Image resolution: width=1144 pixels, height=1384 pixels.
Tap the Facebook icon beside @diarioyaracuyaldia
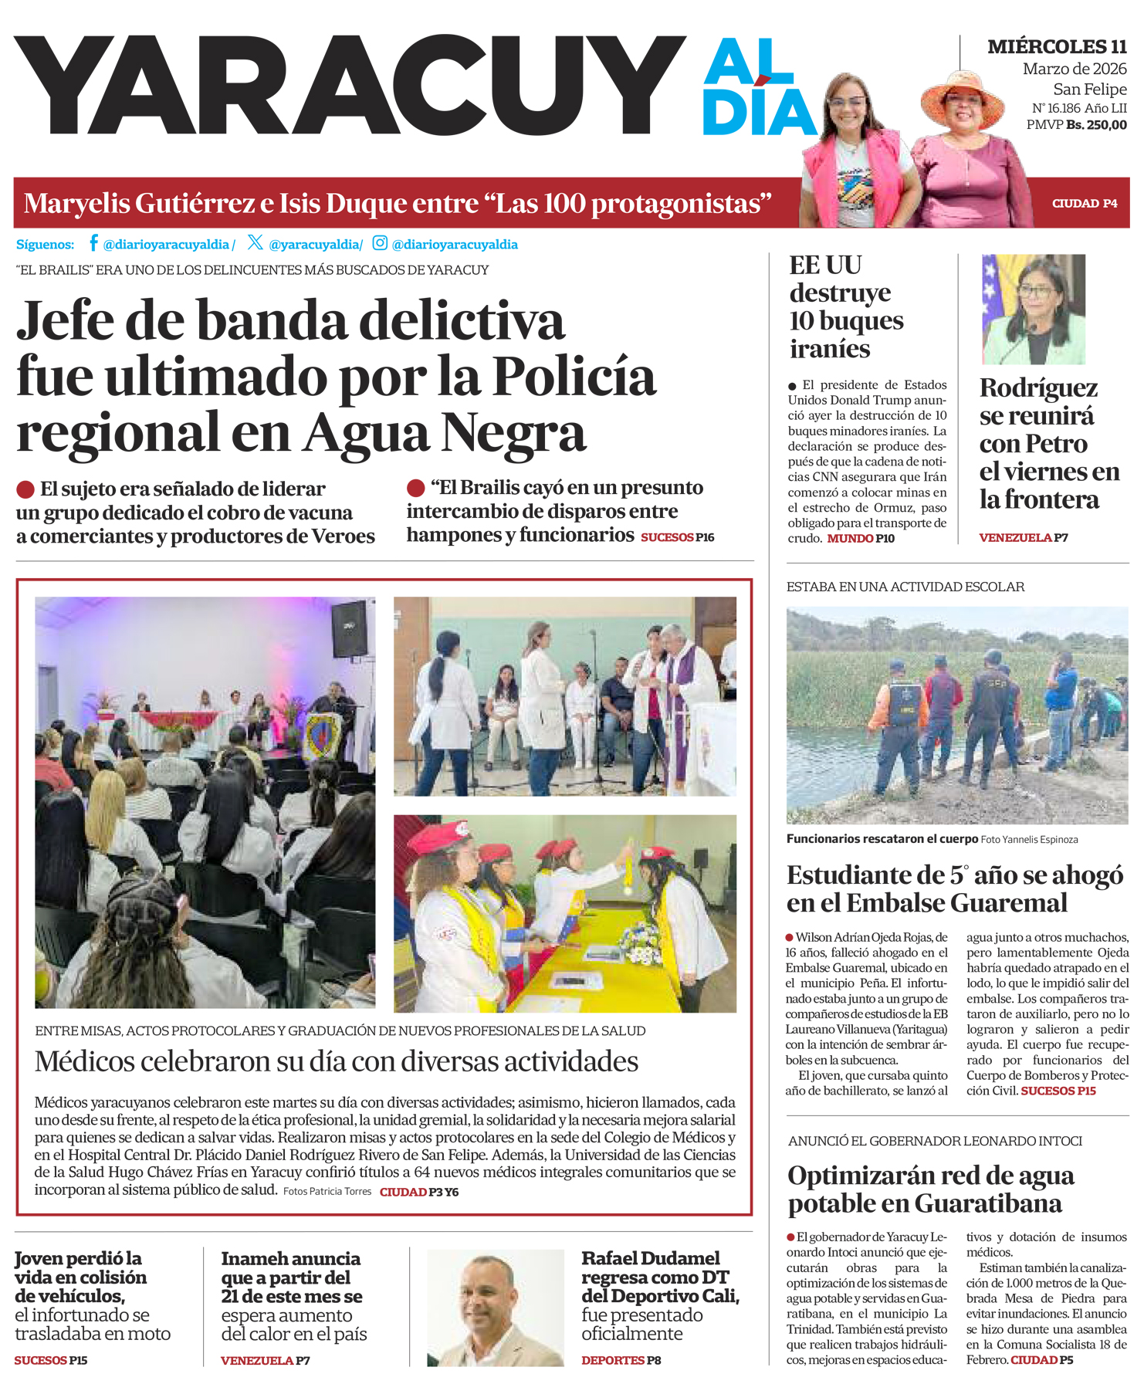tap(93, 243)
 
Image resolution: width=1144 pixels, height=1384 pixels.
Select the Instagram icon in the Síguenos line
tap(380, 243)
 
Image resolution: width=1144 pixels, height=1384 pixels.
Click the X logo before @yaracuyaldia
tap(256, 242)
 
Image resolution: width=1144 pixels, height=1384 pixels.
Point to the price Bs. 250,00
tap(1096, 125)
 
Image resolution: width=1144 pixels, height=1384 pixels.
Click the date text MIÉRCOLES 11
tap(1057, 47)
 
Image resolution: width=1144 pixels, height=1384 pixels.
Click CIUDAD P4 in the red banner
tap(1085, 204)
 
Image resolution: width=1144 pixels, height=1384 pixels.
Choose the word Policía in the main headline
tap(574, 377)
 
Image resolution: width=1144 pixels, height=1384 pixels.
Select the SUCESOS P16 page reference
tap(677, 537)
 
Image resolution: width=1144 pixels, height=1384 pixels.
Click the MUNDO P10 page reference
tap(861, 538)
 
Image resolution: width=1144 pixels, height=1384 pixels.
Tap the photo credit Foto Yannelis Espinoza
tap(1029, 839)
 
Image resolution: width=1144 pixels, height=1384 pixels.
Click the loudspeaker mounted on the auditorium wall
tap(350, 628)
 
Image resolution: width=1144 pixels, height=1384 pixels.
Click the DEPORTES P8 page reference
tap(621, 1360)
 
